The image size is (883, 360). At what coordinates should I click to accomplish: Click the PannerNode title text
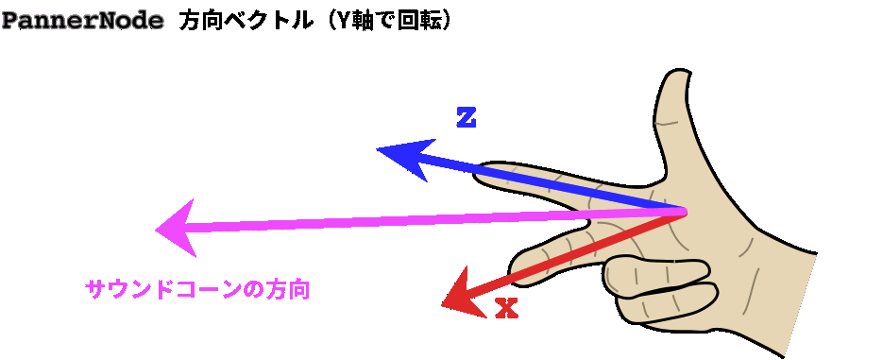[82, 20]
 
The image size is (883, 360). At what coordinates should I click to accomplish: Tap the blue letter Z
[466, 118]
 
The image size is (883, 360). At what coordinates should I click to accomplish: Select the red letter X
[507, 308]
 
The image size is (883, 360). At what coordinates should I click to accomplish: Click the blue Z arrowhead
[403, 157]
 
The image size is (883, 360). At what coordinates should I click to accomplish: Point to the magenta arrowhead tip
[158, 231]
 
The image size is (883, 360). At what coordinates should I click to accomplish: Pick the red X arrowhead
[460, 294]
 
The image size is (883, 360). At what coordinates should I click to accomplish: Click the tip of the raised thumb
[676, 78]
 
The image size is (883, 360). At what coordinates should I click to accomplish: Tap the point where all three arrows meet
[682, 211]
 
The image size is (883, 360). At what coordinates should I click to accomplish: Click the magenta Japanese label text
[197, 289]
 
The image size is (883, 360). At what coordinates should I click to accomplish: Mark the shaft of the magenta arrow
[425, 221]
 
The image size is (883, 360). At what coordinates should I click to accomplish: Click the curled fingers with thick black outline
[661, 283]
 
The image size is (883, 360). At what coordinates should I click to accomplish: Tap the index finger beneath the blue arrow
[529, 184]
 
